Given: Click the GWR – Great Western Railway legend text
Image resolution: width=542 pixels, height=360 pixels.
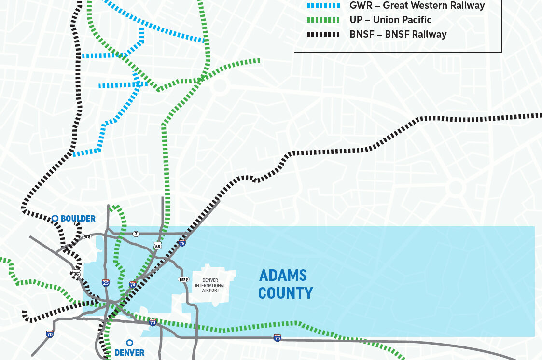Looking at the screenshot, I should [417, 6].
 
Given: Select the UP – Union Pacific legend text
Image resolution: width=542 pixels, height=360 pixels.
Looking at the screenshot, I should [390, 20].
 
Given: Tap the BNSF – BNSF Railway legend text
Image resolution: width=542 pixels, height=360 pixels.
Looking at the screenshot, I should [398, 34].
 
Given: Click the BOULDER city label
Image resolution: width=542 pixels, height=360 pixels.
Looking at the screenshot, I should [78, 219].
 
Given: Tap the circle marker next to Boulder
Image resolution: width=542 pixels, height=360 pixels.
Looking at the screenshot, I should [55, 219].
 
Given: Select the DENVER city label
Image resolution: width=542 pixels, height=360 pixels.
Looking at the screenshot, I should [129, 353].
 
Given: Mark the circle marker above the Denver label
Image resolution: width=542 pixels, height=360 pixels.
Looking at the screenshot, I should [129, 343].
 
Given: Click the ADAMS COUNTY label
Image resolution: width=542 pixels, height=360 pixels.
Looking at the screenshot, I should [285, 284].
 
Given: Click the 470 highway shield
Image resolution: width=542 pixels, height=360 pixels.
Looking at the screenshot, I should [87, 236].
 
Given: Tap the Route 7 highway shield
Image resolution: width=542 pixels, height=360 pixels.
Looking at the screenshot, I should [137, 234].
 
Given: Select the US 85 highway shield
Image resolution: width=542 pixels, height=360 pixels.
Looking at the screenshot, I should [158, 246].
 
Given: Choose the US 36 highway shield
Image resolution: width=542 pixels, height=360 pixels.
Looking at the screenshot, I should [76, 274].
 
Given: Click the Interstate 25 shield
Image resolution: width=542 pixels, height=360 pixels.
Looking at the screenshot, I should [105, 283].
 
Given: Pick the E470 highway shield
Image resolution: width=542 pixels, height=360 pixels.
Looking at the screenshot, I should [183, 279].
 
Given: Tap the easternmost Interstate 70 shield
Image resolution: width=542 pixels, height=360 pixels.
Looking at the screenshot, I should [277, 338].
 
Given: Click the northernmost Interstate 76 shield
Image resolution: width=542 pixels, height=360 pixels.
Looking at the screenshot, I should [182, 243].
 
